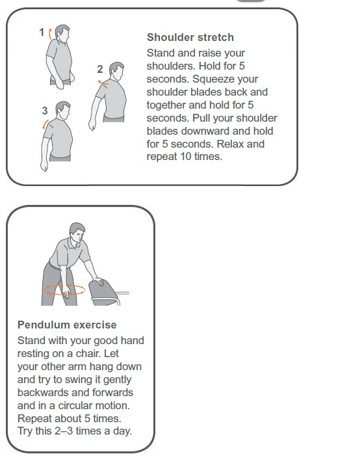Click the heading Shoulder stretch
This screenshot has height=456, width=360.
[190, 37]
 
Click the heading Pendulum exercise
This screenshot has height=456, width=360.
[67, 325]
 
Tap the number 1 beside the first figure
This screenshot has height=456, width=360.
[42, 32]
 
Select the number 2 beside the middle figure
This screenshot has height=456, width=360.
[100, 69]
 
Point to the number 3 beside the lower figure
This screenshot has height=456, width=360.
[45, 111]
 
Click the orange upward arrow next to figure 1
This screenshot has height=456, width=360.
[50, 34]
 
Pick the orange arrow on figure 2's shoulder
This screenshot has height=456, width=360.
[103, 83]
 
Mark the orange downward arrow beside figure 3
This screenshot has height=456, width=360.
[45, 124]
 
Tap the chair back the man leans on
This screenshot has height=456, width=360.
[103, 292]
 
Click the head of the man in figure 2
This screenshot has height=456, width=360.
[117, 70]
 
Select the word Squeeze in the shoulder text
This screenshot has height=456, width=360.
[225, 79]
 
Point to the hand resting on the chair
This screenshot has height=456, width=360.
[98, 281]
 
